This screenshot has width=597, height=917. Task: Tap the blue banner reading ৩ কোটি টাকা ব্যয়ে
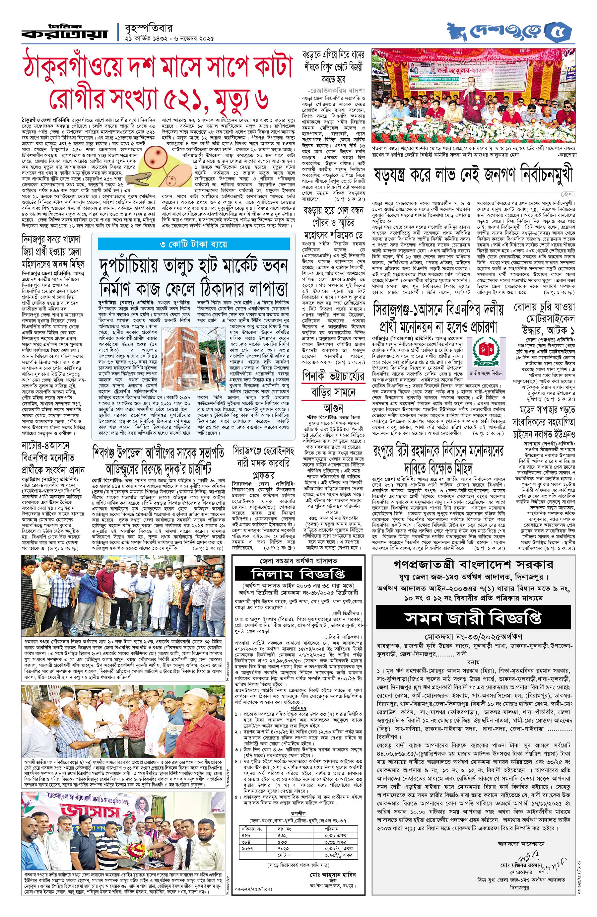coord(194,244)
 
